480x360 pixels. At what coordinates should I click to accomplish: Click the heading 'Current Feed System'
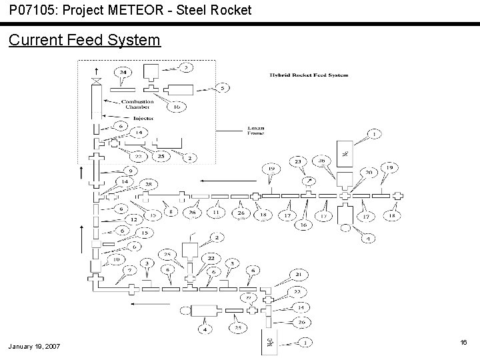85,40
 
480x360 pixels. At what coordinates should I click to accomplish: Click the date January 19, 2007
35,347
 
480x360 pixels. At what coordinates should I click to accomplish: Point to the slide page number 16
463,341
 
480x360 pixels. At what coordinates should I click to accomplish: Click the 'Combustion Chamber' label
138,105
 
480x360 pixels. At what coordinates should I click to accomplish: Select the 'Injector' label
144,118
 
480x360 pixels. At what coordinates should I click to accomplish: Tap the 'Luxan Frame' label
255,130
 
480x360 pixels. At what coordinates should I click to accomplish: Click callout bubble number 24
123,72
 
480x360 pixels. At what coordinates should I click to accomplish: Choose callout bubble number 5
223,87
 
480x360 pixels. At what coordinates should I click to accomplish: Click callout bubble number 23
298,161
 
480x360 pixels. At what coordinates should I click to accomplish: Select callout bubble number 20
369,171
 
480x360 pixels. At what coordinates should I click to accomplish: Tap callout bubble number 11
215,213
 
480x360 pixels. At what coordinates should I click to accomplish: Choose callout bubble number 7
129,269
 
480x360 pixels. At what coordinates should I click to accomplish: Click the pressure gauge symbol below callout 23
308,180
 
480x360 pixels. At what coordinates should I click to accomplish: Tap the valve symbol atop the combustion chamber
99,81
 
